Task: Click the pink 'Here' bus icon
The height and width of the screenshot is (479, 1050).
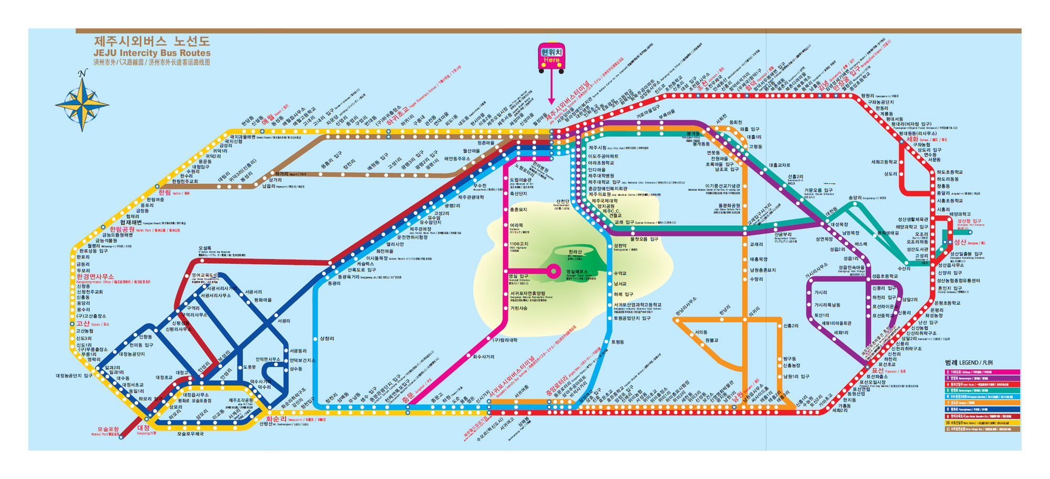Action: click(551, 57)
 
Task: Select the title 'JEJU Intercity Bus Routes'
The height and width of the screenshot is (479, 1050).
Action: click(152, 53)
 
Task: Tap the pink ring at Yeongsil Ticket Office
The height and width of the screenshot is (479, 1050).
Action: click(553, 271)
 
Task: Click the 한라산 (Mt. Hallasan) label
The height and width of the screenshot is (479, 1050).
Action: click(575, 252)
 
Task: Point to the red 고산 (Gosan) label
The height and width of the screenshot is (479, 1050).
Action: click(83, 324)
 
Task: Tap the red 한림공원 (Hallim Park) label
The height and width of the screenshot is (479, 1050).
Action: click(122, 230)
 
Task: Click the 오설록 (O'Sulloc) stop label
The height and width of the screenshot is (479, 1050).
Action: click(205, 248)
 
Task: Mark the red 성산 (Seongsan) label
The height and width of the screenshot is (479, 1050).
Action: click(960, 242)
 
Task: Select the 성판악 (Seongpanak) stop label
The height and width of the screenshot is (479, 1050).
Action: click(620, 245)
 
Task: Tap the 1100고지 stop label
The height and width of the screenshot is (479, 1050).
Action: click(519, 244)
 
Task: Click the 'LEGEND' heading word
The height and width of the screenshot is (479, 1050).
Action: click(969, 363)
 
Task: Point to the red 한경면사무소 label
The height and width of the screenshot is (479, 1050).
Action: click(94, 277)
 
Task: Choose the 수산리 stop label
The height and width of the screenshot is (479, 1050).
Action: click(904, 268)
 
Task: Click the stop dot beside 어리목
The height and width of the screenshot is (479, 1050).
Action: click(506, 225)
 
